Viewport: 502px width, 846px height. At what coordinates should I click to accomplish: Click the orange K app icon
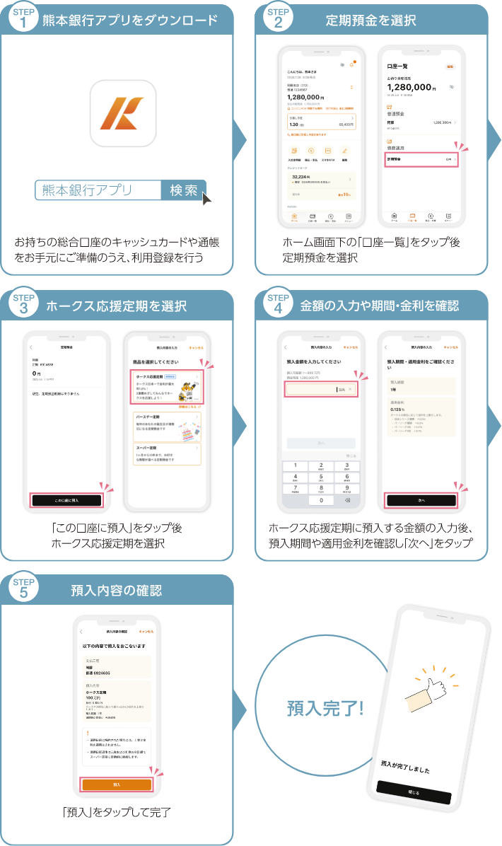123,112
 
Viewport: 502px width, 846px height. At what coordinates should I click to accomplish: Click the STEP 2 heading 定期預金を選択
370,20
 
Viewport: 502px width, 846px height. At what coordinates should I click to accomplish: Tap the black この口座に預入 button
66,500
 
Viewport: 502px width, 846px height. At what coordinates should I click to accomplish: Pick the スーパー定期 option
167,454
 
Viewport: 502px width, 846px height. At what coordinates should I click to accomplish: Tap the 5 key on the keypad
322,477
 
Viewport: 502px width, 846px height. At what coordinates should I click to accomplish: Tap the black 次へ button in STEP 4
421,500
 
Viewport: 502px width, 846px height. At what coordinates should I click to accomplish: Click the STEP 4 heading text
379,306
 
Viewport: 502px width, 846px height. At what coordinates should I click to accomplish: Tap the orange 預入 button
117,785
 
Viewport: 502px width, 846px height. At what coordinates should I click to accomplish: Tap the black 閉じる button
414,792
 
